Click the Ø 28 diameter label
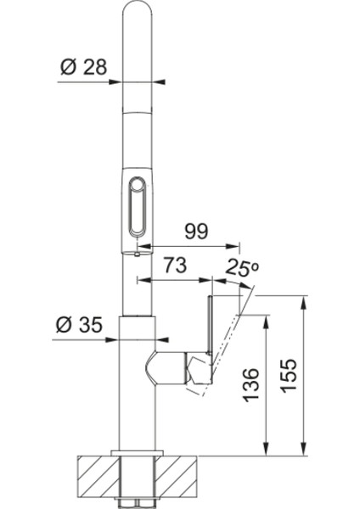click(x=83, y=67)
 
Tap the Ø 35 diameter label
click(x=79, y=325)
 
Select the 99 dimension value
click(x=196, y=232)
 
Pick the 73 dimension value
click(x=175, y=266)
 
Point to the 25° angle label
click(x=243, y=267)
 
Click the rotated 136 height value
click(x=251, y=384)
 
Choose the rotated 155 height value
click(x=289, y=376)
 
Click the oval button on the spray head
click(x=138, y=206)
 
